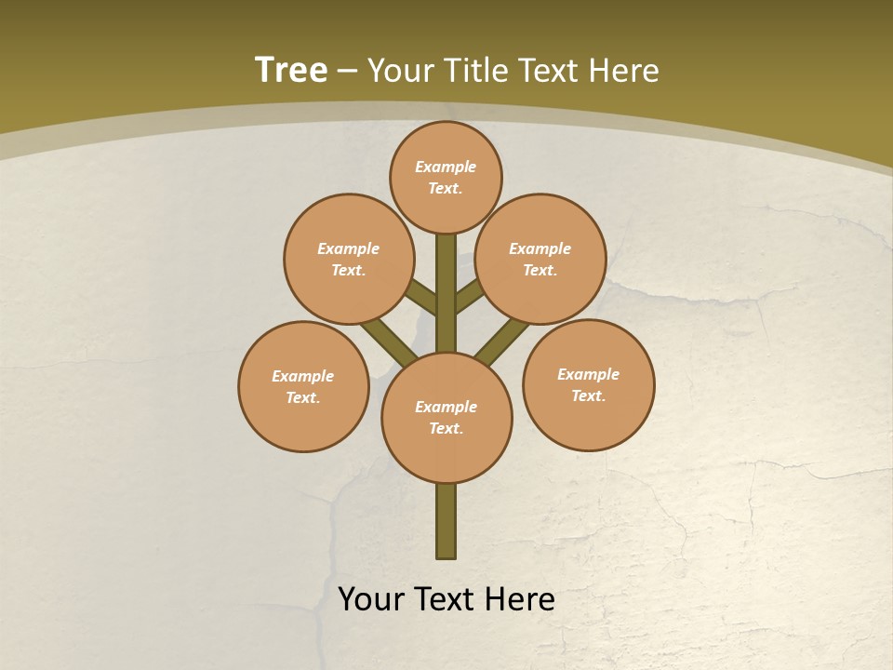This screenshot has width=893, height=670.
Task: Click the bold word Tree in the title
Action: pos(291,70)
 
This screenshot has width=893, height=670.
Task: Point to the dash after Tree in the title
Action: pos(347,72)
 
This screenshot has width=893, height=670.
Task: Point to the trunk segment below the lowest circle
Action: pos(446,521)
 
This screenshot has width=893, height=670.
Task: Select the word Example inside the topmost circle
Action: pos(446,167)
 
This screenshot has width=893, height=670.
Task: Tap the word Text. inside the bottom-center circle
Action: pos(446,429)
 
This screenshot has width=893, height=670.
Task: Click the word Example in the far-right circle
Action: pos(588,375)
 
